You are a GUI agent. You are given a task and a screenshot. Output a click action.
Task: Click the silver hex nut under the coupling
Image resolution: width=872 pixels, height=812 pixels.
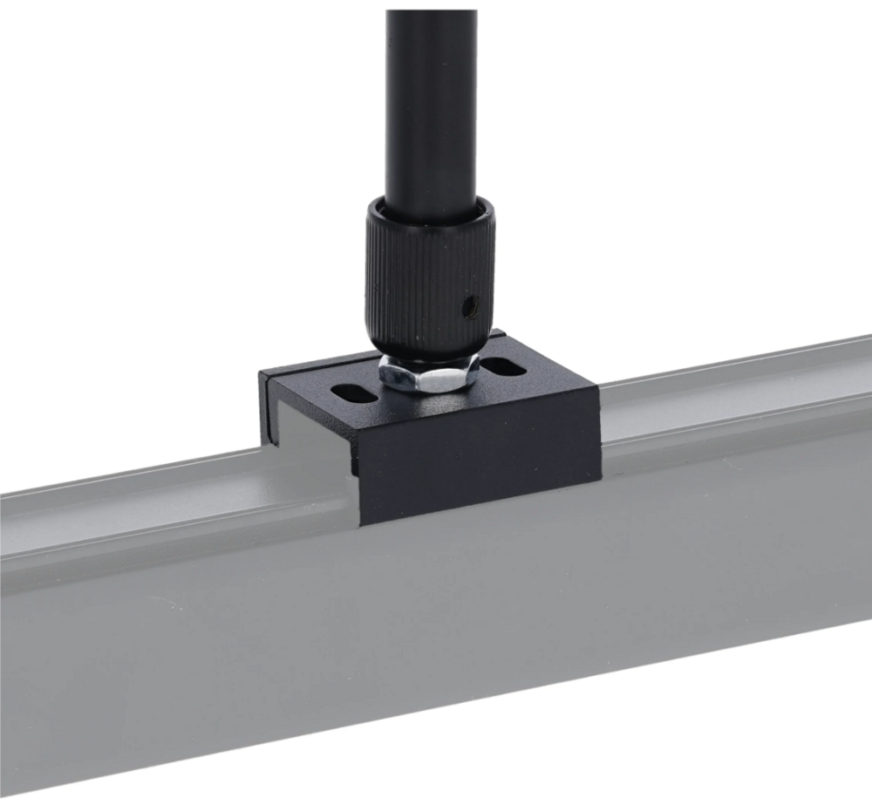click(x=427, y=374)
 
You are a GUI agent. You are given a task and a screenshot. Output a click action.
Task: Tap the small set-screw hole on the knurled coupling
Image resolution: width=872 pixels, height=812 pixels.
click(x=470, y=304)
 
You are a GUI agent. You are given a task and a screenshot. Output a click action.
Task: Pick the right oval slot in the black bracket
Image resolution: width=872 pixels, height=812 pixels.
click(x=506, y=367)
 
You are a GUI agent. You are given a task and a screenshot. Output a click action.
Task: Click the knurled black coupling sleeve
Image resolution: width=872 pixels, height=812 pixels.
click(x=427, y=279)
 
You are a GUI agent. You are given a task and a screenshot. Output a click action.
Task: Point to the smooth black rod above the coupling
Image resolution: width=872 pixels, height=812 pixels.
click(x=431, y=105)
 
